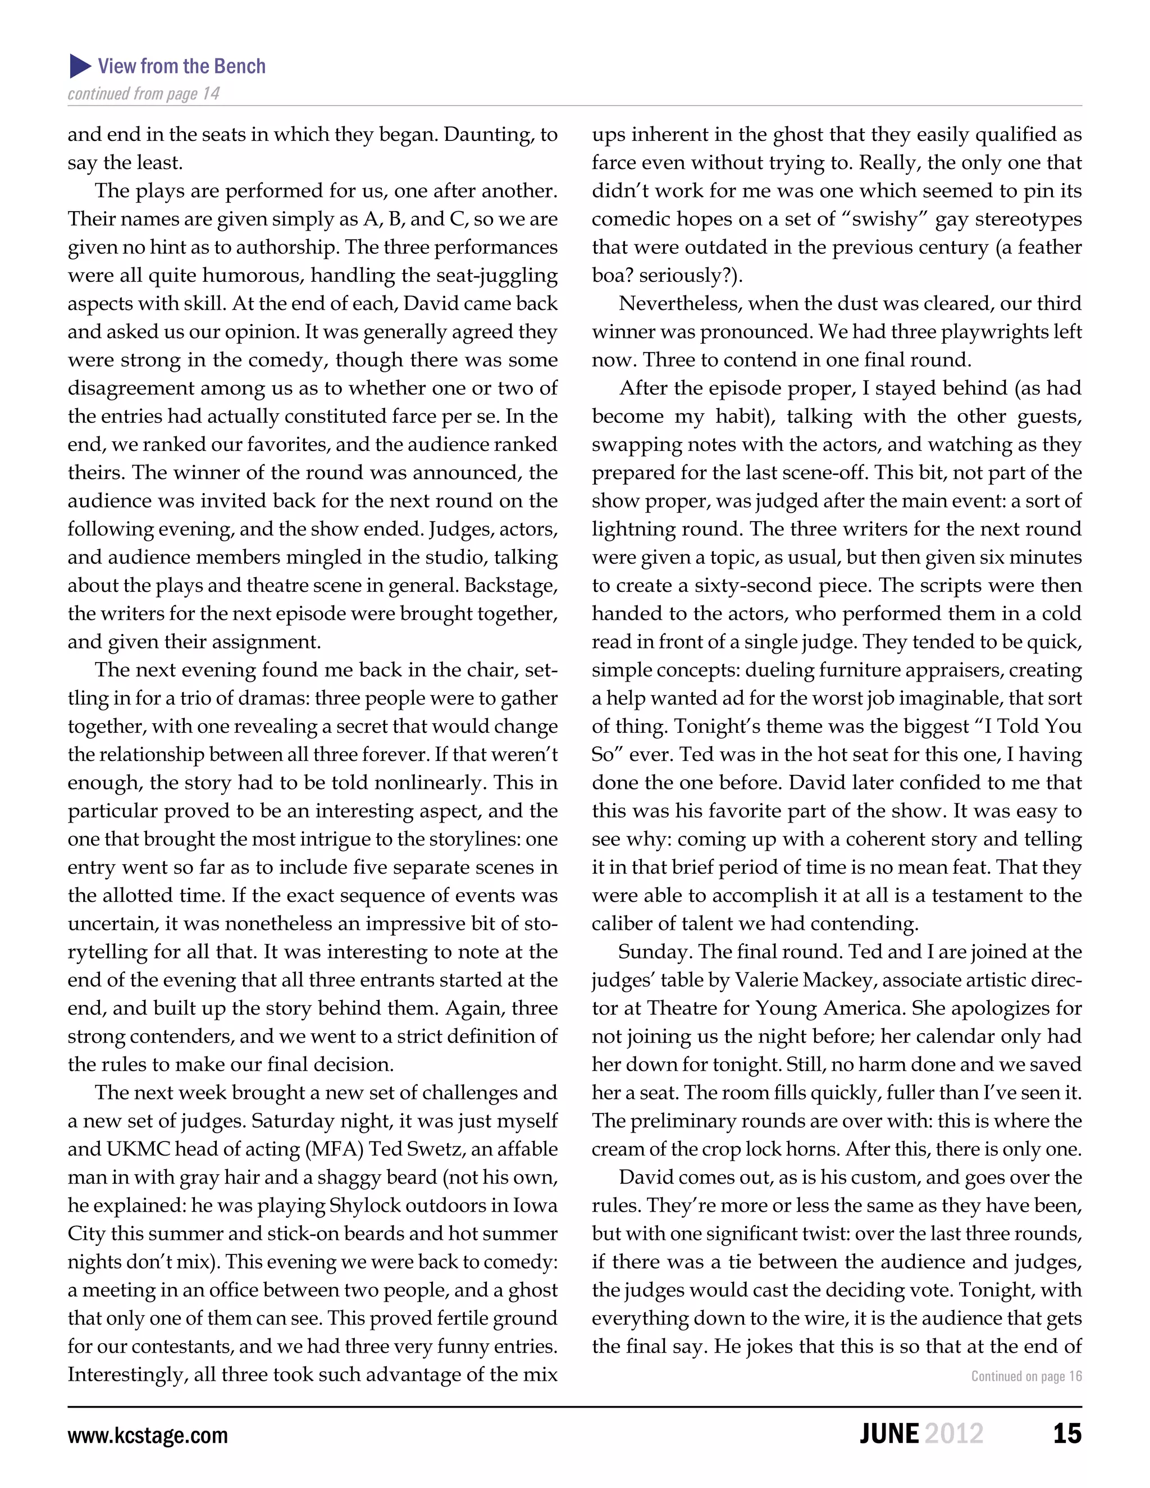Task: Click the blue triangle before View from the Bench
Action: (80, 66)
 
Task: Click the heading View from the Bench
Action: (181, 66)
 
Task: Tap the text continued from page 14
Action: (143, 93)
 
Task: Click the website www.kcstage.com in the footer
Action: (147, 1435)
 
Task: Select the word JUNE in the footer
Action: (888, 1434)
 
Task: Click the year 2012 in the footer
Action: (954, 1434)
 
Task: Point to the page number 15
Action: (1067, 1434)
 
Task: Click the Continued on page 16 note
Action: (1026, 1376)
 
